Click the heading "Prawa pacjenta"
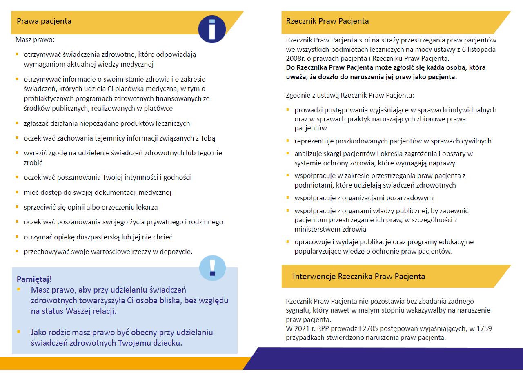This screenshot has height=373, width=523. click(x=44, y=21)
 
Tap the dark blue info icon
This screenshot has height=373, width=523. click(x=212, y=29)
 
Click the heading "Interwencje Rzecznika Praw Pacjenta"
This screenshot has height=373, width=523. click(x=359, y=277)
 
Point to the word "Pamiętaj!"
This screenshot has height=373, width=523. click(x=34, y=279)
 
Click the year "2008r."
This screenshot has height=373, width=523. click(x=295, y=58)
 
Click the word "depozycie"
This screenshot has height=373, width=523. click(x=177, y=252)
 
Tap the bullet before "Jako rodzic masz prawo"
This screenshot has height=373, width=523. click(x=18, y=332)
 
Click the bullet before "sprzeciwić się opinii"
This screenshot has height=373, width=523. click(x=17, y=207)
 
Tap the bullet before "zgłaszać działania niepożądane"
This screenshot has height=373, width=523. click(x=17, y=123)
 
